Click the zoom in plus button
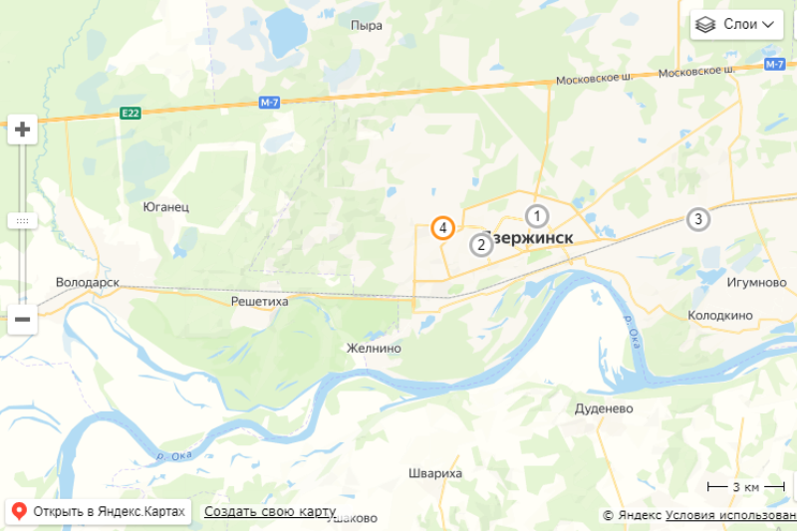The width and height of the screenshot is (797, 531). [x=22, y=129]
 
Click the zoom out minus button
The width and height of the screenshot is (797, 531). [x=22, y=320]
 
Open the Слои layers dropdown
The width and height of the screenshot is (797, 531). [x=737, y=24]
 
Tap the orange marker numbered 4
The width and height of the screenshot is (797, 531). [x=442, y=228]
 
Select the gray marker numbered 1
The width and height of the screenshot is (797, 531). [x=537, y=215]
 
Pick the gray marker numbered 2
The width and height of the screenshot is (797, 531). [x=481, y=244]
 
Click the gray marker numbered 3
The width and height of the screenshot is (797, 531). [x=698, y=219]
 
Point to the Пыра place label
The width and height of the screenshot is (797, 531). [x=367, y=25]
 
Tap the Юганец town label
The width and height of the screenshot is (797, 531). [x=166, y=207]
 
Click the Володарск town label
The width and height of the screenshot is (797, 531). [x=88, y=282]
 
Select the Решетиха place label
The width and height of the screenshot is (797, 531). [x=259, y=300]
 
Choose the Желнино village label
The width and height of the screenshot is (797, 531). [x=373, y=349]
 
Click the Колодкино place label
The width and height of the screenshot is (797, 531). [x=719, y=315]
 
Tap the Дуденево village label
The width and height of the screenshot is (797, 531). [x=604, y=408]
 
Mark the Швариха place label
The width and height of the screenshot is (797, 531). [x=435, y=473]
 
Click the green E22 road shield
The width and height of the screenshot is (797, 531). [x=131, y=113]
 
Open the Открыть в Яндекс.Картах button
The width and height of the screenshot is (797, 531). [x=99, y=511]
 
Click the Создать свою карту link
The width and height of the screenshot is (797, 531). [x=270, y=511]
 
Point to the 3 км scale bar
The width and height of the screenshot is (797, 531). [x=733, y=486]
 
